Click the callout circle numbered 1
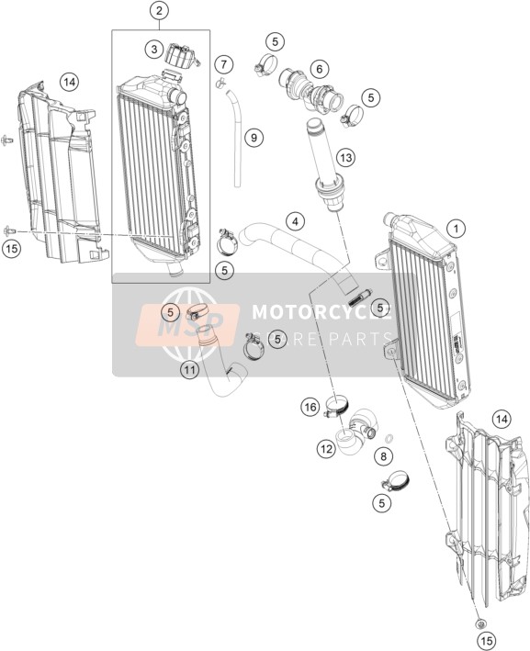click(457, 229)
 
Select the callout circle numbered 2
click(159, 11)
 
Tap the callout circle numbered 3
click(154, 50)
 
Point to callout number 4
click(295, 221)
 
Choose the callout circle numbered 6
click(320, 69)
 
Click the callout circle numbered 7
click(224, 65)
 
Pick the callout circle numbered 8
click(383, 456)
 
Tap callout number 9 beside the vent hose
click(254, 137)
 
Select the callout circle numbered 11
click(190, 369)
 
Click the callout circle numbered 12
click(327, 448)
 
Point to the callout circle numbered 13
click(346, 158)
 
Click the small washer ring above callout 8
click(390, 438)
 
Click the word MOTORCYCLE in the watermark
click(321, 312)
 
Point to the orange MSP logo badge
click(187, 325)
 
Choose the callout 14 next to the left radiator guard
click(70, 83)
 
